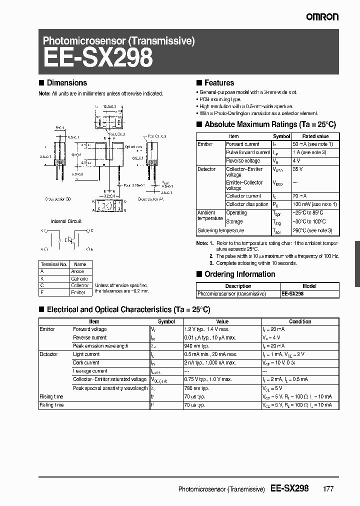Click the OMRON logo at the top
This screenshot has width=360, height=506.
[322, 17]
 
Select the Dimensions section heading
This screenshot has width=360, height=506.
[66, 83]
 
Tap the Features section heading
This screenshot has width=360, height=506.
[219, 83]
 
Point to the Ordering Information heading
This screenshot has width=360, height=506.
[240, 274]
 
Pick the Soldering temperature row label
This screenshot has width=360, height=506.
[221, 230]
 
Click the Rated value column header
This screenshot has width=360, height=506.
[315, 136]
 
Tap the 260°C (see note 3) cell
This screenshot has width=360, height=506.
[317, 230]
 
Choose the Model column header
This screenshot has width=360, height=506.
[309, 286]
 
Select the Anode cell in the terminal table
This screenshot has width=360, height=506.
[78, 271]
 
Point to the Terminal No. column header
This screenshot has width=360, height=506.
[53, 264]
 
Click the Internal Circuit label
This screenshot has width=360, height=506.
[65, 221]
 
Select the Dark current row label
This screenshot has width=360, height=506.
[86, 362]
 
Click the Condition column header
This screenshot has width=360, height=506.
[300, 321]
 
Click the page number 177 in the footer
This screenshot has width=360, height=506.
[328, 489]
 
